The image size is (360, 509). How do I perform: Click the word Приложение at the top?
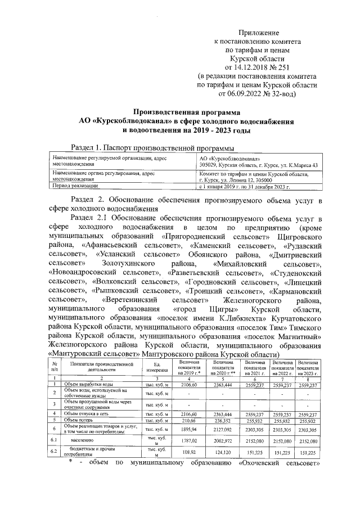click(x=258, y=34)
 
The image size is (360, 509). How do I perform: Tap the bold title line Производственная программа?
click(x=186, y=112)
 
